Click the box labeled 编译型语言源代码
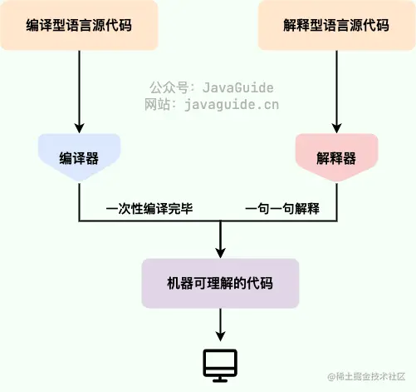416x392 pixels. [x=79, y=24]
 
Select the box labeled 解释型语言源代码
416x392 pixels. [x=336, y=24]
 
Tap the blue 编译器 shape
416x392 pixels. [x=79, y=157]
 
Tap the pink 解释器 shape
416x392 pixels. [x=336, y=157]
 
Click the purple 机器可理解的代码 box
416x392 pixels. [x=220, y=284]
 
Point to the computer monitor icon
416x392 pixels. [x=220, y=365]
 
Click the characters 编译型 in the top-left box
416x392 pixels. [x=45, y=24]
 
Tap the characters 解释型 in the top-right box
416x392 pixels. [x=302, y=24]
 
